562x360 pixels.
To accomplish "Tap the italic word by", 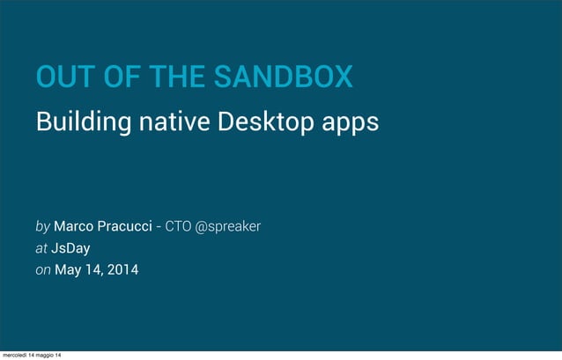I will tap(42, 227).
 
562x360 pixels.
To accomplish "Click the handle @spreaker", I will tap(227, 227).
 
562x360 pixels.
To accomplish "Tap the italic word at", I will tap(41, 248).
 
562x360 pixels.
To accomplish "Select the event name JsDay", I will tap(70, 248).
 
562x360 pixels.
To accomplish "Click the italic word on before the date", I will tap(43, 270).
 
